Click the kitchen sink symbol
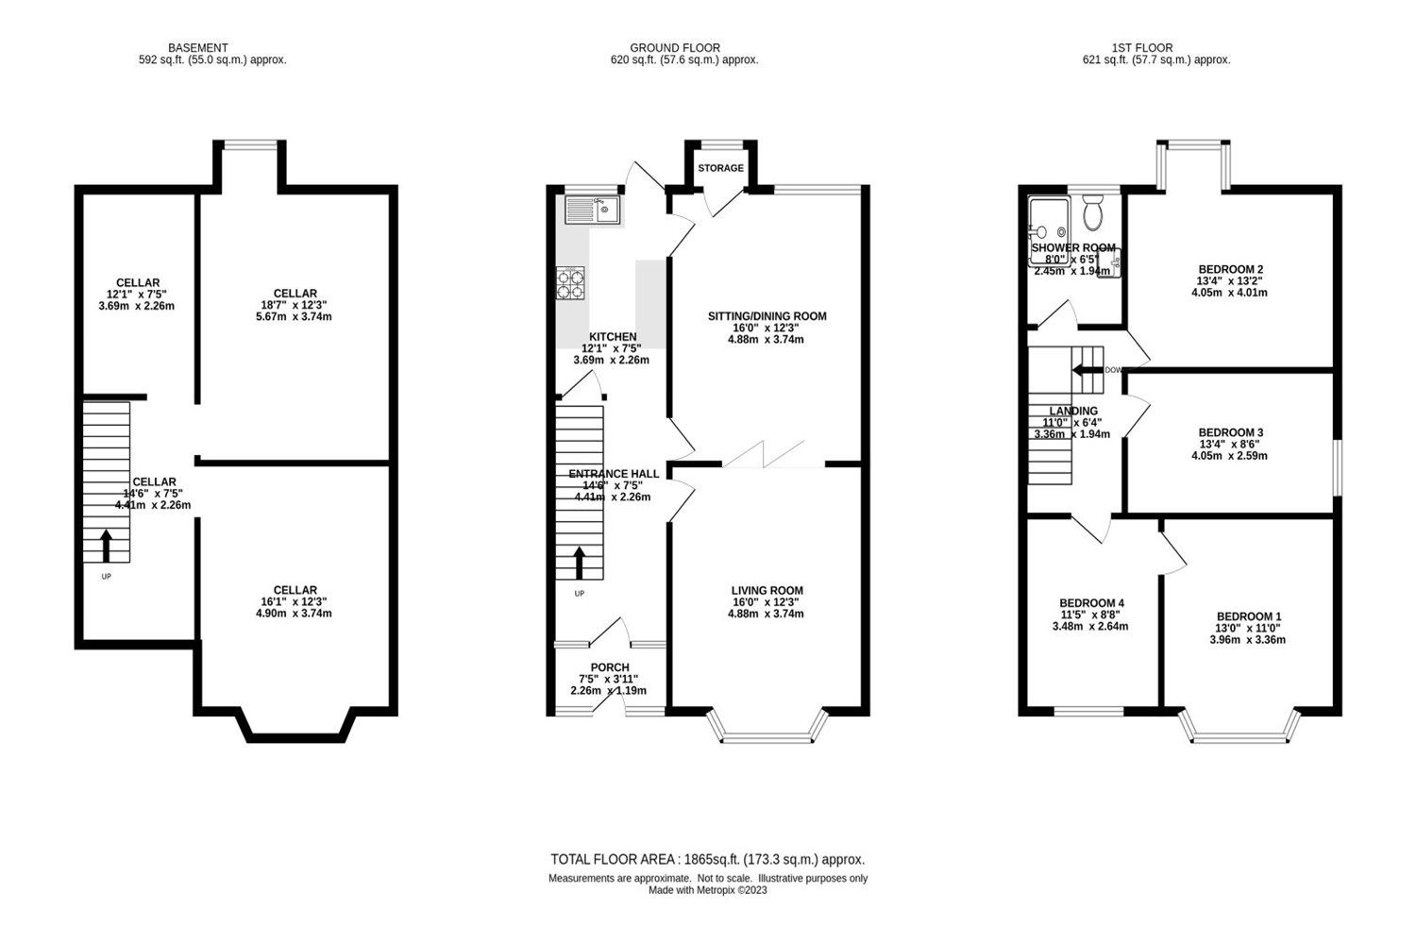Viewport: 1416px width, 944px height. point(591,210)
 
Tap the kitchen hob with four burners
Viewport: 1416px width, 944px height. point(570,284)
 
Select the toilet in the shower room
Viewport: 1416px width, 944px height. point(1093,214)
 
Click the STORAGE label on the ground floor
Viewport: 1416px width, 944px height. point(720,168)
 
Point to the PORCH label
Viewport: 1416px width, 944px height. point(610,667)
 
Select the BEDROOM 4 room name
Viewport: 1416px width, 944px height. point(1091,603)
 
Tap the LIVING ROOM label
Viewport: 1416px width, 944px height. point(766,591)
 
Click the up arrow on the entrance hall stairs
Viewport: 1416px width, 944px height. point(579,562)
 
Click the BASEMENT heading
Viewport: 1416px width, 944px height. point(198,47)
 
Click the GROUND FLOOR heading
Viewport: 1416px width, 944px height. point(674,47)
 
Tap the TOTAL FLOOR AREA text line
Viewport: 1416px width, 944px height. point(707,859)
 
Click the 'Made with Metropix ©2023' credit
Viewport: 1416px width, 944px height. point(707,890)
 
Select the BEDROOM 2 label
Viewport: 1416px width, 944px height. point(1229,270)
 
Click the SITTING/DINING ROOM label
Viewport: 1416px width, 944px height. point(767,316)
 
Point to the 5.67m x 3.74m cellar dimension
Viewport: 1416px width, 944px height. point(295,317)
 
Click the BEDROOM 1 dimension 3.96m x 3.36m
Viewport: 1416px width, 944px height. point(1247,639)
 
